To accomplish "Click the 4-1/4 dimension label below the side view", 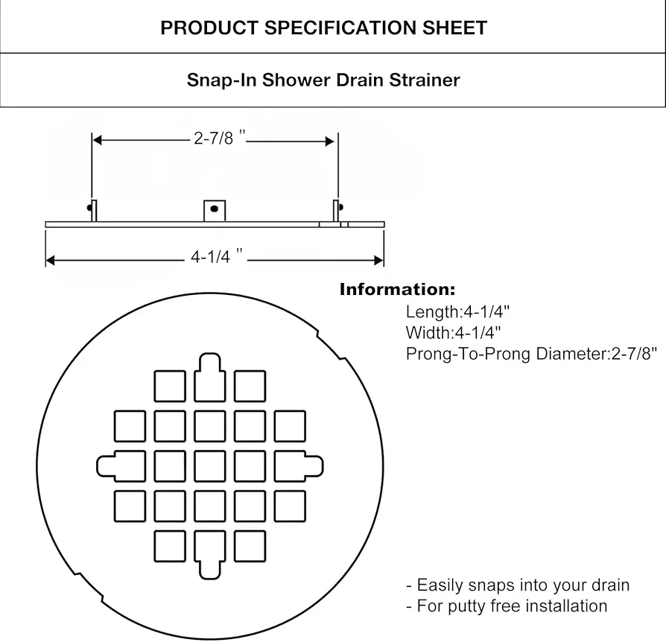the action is tap(217, 256).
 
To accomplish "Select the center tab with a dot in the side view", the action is tap(215, 211).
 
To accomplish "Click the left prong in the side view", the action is tap(93, 210).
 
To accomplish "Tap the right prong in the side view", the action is tap(337, 210).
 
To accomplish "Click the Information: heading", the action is tap(397, 290).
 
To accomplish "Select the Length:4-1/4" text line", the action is tap(457, 312).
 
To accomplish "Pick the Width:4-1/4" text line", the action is tap(453, 332).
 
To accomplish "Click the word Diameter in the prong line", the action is tap(571, 354).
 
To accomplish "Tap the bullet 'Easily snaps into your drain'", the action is tap(518, 585).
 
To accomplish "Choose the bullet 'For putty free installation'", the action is tap(507, 606).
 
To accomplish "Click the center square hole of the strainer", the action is tap(210, 466).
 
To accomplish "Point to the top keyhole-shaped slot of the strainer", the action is tap(210, 378).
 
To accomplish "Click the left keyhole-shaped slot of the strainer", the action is tap(121, 466).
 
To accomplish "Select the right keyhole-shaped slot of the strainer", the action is tap(299, 466).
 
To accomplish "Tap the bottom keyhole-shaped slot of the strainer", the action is tap(210, 555).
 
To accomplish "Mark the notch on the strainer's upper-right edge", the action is tap(331, 344).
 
